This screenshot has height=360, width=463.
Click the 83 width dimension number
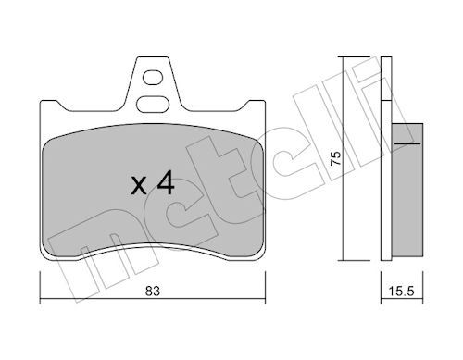coord(153,291)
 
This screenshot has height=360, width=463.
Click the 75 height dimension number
coord(336,158)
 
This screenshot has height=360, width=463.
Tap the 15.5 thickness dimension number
coord(401,291)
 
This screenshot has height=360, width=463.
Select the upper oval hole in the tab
coord(153,78)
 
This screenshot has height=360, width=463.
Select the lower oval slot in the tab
coord(153,104)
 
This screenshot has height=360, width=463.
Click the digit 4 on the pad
coord(166,183)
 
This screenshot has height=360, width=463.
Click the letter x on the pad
coord(139,187)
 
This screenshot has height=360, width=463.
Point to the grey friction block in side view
coord(407,190)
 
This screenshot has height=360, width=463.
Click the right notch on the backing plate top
coord(243,106)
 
